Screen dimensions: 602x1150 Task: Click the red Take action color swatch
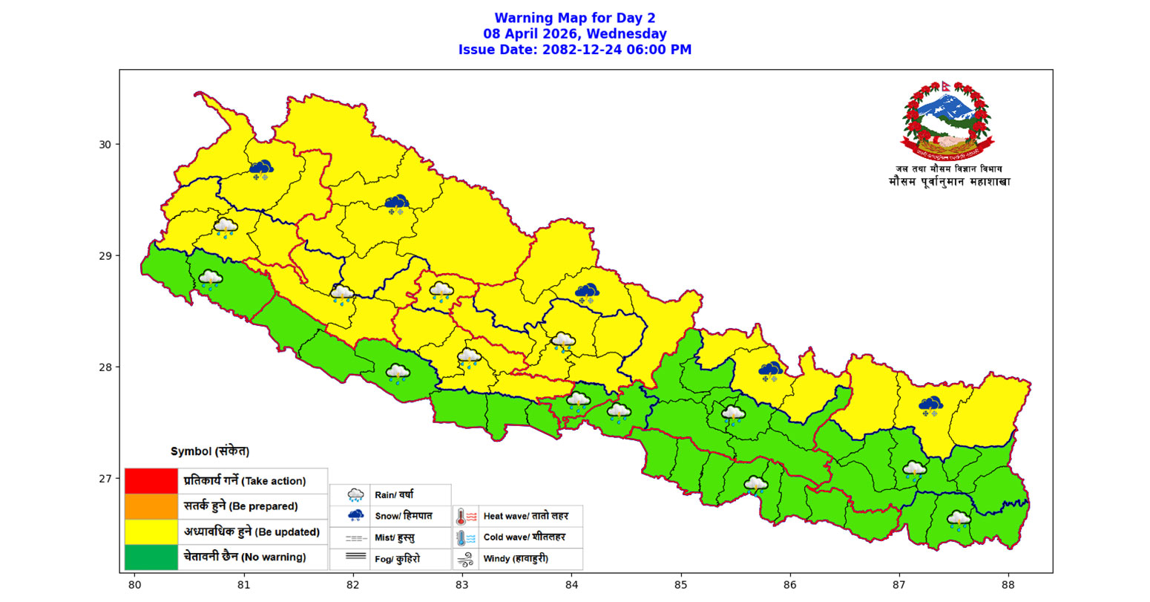pos(151,481)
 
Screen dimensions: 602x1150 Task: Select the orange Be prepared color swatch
pos(151,506)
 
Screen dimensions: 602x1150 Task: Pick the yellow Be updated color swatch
pos(151,531)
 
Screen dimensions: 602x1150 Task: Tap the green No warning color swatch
pos(151,557)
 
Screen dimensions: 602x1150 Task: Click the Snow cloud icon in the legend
pos(356,515)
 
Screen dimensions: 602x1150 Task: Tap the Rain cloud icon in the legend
pos(356,495)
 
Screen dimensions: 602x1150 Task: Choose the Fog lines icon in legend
pos(356,556)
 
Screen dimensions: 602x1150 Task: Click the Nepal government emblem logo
pos(947,120)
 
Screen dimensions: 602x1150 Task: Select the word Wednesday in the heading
pos(631,34)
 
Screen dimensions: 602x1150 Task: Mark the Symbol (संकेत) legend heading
pos(210,451)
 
